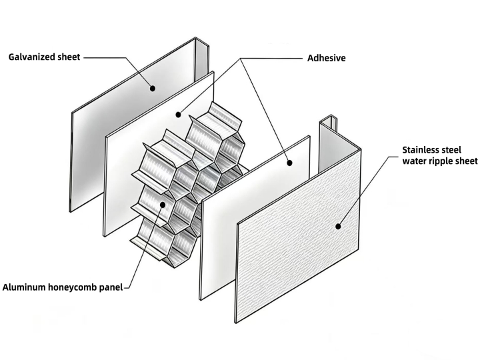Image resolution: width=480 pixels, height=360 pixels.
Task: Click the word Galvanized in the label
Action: (32, 57)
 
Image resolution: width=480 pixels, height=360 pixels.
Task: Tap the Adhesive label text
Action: (326, 58)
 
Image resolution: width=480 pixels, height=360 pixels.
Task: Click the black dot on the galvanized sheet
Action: (152, 87)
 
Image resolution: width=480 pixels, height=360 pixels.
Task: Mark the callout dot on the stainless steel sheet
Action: (338, 227)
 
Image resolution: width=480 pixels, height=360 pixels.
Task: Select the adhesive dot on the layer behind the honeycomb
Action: (179, 115)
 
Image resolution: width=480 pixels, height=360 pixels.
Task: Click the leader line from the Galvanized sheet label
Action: (107, 58)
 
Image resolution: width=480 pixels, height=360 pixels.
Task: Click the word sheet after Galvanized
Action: (67, 57)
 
